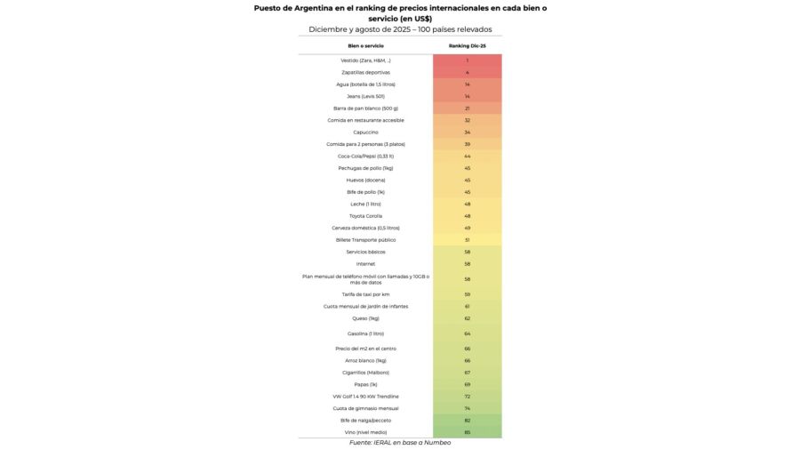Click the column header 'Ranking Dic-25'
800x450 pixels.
(467, 45)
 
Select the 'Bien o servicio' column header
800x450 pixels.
(365, 45)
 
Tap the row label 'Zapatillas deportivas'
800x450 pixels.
(365, 72)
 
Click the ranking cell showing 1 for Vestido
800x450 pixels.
(467, 60)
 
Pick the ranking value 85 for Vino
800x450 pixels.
(467, 432)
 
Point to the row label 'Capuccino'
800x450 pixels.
(365, 133)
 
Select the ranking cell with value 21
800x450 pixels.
(467, 108)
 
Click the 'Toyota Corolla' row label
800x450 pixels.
(365, 216)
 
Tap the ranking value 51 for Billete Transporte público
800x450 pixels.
(467, 240)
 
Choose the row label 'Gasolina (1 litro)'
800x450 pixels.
(365, 333)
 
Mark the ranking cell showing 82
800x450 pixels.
(467, 420)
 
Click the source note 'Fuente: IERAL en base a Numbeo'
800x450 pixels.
(399, 443)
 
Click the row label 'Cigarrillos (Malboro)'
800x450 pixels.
(365, 373)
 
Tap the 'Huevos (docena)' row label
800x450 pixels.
(365, 181)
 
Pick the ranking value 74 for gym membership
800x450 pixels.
(467, 408)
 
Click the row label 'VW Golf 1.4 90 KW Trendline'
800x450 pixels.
(365, 397)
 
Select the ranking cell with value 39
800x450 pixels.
(467, 144)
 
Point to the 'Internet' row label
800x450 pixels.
(365, 264)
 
